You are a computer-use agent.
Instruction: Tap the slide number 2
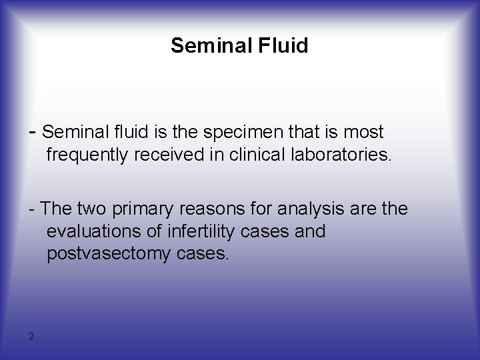[x=31, y=336]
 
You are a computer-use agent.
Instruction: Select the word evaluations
[x=93, y=231]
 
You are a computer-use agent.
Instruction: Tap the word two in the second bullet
[x=93, y=209]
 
